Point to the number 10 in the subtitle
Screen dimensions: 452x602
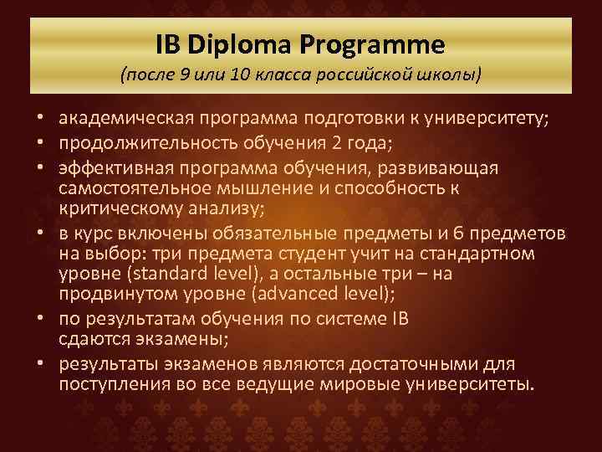(x=238, y=74)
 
